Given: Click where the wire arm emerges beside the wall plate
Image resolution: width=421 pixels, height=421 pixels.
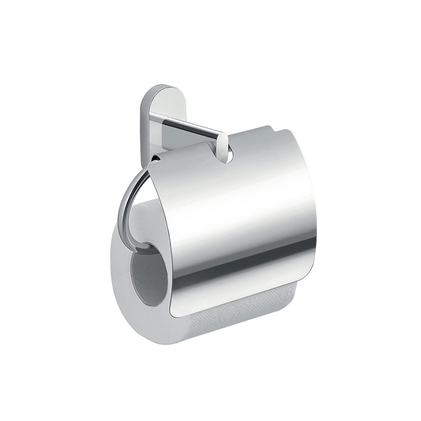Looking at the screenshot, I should [156, 158].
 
